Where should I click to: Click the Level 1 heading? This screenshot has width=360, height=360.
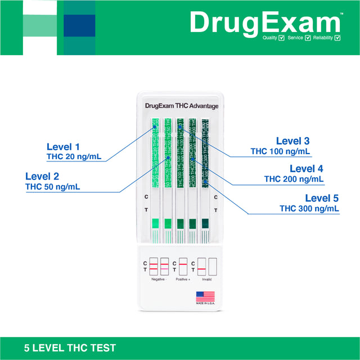(63, 147)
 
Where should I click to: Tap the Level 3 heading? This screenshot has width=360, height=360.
(292, 141)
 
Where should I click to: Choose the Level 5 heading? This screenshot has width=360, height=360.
(322, 198)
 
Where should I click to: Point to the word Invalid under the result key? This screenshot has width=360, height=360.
(207, 279)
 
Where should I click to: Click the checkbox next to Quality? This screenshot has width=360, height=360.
(281, 38)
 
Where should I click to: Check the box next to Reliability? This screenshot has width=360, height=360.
(337, 38)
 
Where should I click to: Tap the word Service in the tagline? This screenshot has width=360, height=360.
(295, 38)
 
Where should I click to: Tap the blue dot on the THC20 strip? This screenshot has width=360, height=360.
(155, 128)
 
